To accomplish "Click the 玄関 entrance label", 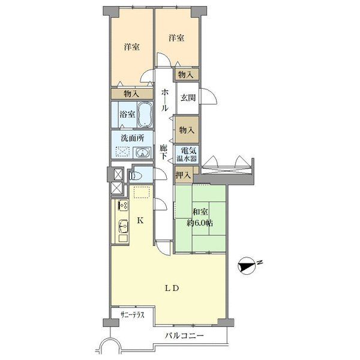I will click(187, 98).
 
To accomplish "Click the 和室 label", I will click(200, 212).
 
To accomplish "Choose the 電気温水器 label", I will click(185, 155).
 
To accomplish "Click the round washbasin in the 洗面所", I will click(142, 152).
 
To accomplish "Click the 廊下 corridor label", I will click(163, 151).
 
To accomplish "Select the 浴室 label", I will click(126, 112).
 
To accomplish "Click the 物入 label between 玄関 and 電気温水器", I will click(187, 130).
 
